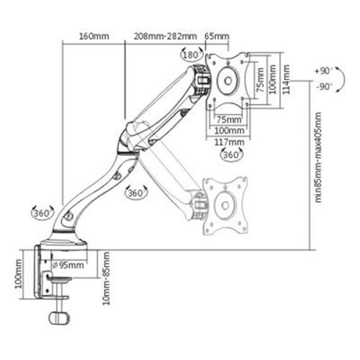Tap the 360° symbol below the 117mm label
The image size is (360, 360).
pyautogui.click(x=232, y=154)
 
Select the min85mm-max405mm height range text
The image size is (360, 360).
pyautogui.click(x=319, y=157)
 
